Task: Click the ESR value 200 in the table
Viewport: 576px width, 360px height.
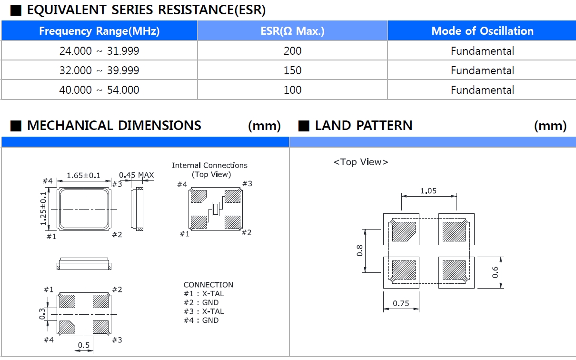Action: [292, 51]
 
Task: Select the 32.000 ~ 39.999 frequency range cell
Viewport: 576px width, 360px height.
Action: [99, 70]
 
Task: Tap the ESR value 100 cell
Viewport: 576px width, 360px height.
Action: [292, 90]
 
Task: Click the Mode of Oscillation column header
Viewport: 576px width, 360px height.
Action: [482, 31]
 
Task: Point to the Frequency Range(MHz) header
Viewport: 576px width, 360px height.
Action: [99, 31]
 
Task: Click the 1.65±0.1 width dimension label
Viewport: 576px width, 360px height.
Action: [84, 175]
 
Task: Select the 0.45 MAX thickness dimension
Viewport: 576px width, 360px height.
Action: [136, 175]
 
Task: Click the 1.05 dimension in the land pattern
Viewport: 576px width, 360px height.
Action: [429, 191]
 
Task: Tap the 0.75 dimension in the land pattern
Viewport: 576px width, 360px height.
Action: [401, 303]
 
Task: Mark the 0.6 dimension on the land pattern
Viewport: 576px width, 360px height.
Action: [496, 272]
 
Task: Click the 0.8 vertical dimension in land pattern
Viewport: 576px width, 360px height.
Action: [360, 250]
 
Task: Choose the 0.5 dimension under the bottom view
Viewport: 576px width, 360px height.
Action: [84, 345]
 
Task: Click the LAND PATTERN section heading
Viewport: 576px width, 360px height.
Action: [364, 126]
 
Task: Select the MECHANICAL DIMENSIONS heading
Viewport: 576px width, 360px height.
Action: [114, 126]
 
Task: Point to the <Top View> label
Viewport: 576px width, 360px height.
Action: [361, 162]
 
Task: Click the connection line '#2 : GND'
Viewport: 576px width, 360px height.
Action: [201, 302]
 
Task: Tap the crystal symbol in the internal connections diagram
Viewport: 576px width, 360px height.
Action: [216, 209]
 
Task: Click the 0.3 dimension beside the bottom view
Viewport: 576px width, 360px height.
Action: [42, 313]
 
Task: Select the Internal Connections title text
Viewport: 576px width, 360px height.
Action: [209, 165]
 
